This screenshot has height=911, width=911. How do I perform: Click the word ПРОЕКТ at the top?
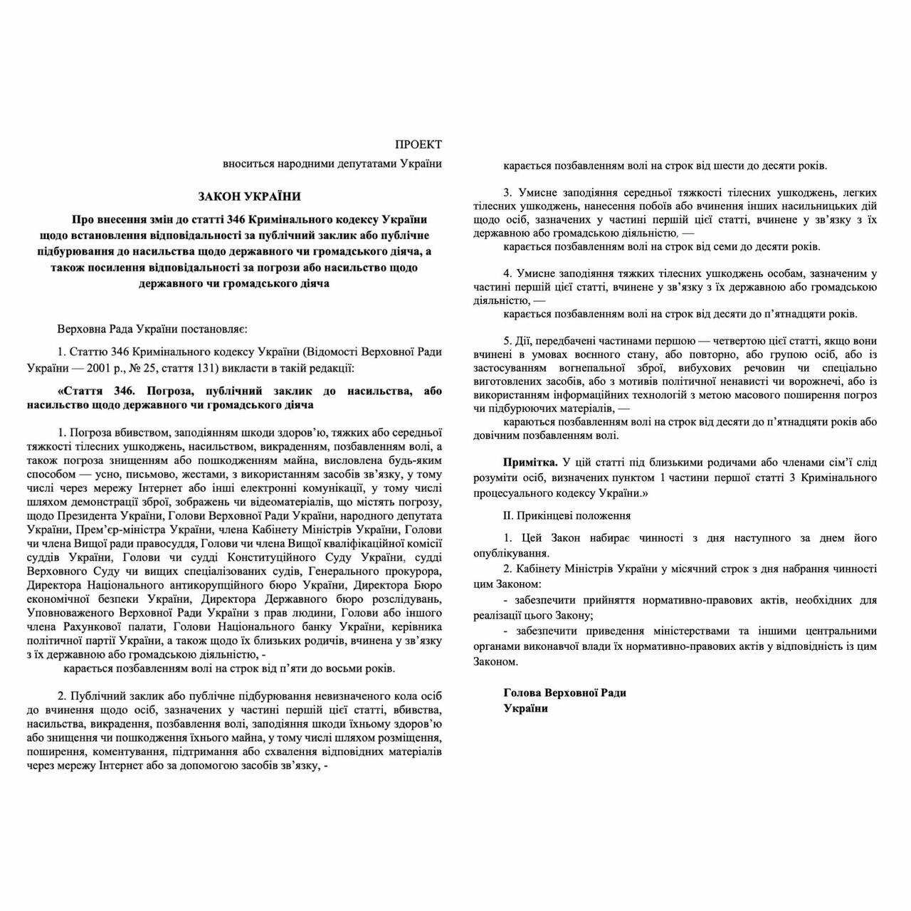pyautogui.click(x=418, y=144)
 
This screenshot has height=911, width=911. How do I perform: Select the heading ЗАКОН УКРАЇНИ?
pyautogui.click(x=250, y=196)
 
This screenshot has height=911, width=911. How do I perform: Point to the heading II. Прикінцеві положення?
pyautogui.click(x=567, y=515)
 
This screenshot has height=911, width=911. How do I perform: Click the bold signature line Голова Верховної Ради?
pyautogui.click(x=564, y=692)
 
